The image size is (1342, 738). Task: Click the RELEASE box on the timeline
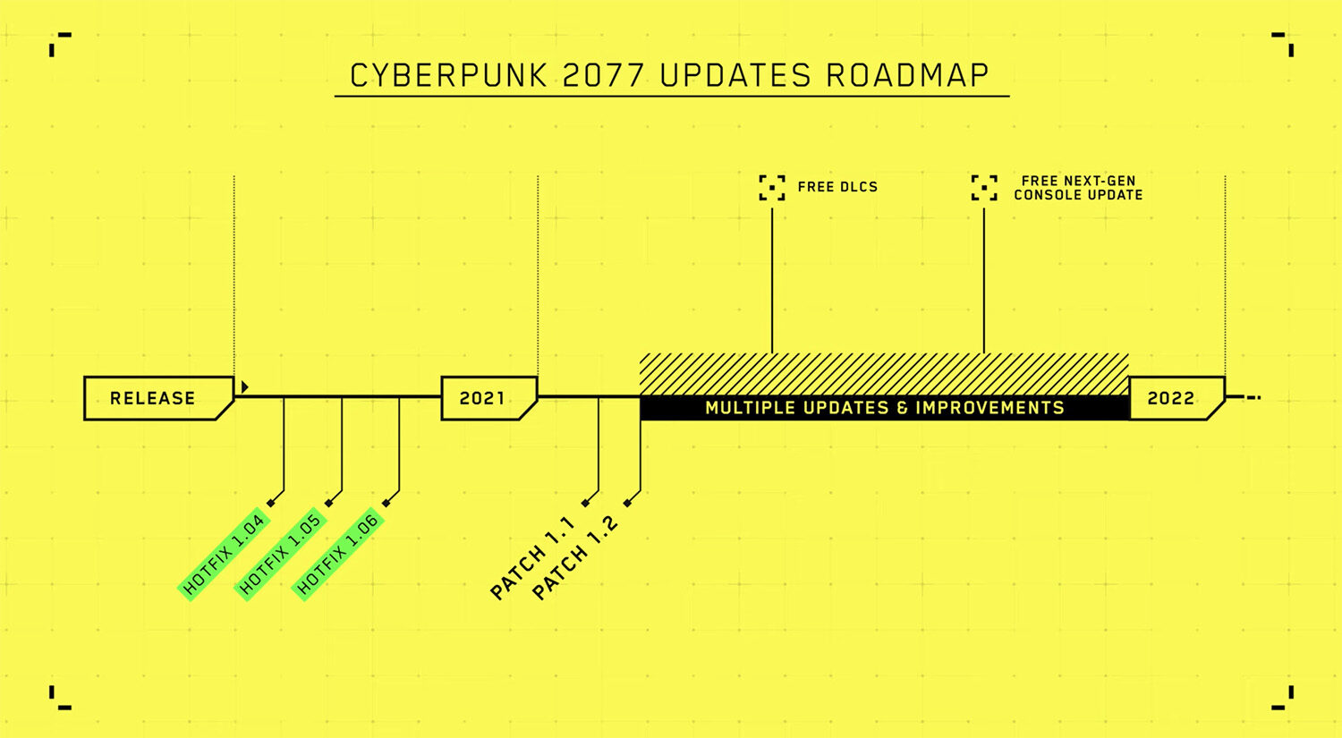[158, 398]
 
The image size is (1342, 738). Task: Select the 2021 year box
[489, 398]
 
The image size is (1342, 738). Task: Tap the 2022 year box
[1177, 398]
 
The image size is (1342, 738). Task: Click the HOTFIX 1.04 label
[224, 555]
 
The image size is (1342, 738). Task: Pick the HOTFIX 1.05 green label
[280, 555]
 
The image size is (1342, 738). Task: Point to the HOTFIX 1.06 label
[338, 555]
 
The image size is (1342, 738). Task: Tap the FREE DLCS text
[837, 187]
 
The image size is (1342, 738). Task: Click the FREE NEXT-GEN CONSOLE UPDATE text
[1078, 188]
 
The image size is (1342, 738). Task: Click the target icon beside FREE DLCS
[771, 188]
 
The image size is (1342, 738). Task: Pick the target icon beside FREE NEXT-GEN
[984, 188]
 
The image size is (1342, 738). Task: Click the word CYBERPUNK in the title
[449, 76]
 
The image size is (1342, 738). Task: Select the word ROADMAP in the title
[907, 76]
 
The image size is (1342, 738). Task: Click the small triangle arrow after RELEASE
[244, 387]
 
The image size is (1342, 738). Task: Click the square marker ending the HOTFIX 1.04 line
[271, 503]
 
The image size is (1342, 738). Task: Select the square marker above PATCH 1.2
[627, 503]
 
